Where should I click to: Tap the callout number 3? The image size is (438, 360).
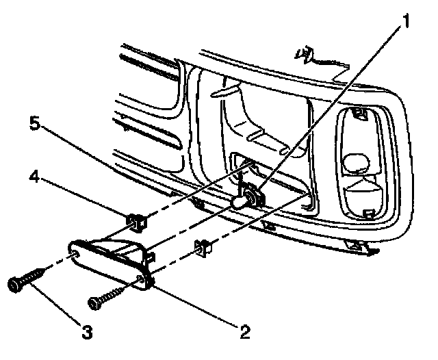coord(86,333)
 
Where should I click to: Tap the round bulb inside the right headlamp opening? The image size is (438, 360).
coord(355,162)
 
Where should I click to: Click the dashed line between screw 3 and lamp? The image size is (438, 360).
coord(55,263)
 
